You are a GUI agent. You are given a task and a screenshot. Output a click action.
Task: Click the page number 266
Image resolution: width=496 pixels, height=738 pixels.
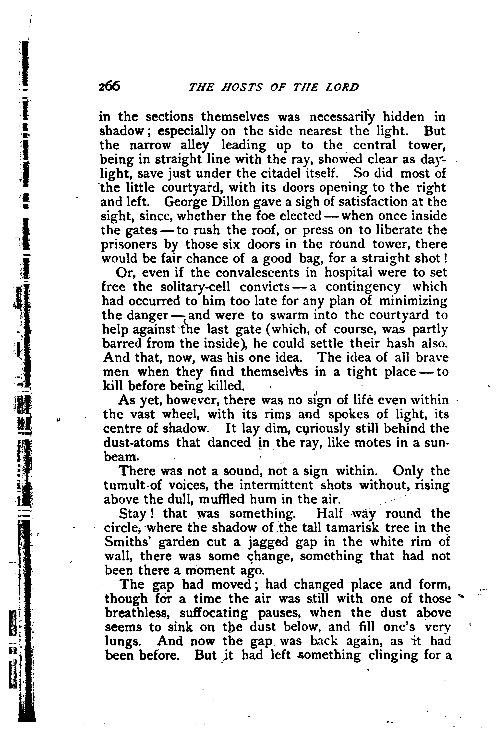(x=109, y=86)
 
